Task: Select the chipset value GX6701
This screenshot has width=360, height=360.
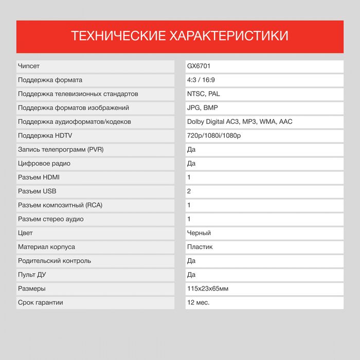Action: pyautogui.click(x=199, y=66)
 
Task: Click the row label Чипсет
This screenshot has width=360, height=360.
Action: pyautogui.click(x=29, y=66)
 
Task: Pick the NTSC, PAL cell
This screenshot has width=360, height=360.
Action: pyautogui.click(x=204, y=94)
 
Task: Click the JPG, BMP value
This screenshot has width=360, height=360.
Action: pyautogui.click(x=203, y=108)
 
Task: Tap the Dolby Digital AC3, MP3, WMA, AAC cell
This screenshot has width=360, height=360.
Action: pyautogui.click(x=240, y=122)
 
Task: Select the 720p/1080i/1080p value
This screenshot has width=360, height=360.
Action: pyautogui.click(x=214, y=136)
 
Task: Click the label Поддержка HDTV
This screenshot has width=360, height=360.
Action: pyautogui.click(x=45, y=136)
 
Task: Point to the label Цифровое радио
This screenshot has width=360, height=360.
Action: pyautogui.click(x=44, y=164)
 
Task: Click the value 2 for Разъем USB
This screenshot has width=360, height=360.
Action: pyautogui.click(x=189, y=191)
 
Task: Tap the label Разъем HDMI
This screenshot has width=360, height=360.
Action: pyautogui.click(x=39, y=177)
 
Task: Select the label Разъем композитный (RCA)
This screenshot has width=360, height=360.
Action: pyautogui.click(x=60, y=205)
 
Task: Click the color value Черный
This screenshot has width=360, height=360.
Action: pyautogui.click(x=199, y=233)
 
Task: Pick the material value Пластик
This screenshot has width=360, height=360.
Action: pyautogui.click(x=200, y=247)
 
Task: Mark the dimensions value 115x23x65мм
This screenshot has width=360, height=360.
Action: pyautogui.click(x=208, y=289)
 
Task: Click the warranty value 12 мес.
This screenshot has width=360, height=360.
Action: pyautogui.click(x=199, y=302)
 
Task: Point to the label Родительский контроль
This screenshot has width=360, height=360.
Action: pyautogui.click(x=55, y=261)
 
